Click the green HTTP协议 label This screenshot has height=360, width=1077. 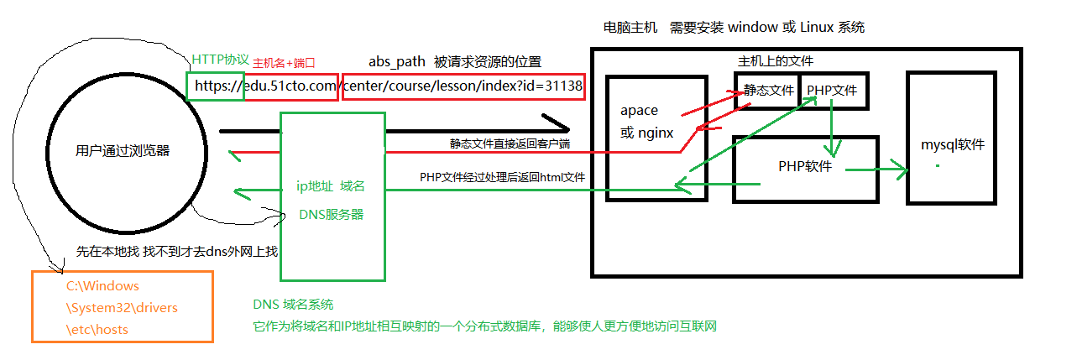(221, 60)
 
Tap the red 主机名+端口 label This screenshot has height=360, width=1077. (284, 62)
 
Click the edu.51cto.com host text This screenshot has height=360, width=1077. (291, 86)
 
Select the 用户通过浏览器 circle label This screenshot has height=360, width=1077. (123, 151)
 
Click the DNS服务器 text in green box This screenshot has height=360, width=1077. (332, 214)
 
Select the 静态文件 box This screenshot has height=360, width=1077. (767, 91)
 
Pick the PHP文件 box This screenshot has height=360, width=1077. (832, 91)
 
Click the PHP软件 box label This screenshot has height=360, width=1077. (805, 166)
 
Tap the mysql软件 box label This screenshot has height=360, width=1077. (953, 144)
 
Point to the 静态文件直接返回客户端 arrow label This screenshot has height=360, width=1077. (510, 143)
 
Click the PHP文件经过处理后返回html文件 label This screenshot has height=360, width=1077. (502, 178)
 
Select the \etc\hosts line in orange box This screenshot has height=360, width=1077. (97, 330)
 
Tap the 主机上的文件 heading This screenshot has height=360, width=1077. (776, 61)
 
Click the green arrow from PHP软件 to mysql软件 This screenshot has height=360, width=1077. (876, 171)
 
